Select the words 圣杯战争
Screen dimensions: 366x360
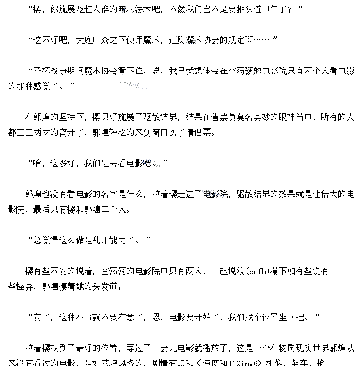pyautogui.click(x=50, y=71)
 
